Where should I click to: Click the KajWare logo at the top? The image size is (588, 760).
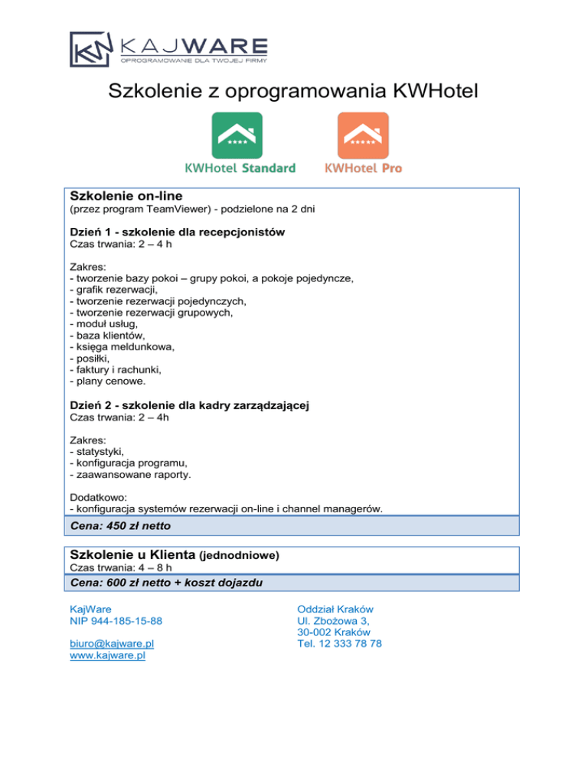[168, 49]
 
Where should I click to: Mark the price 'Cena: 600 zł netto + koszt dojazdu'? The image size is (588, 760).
[166, 583]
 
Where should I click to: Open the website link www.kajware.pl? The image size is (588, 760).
[107, 656]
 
